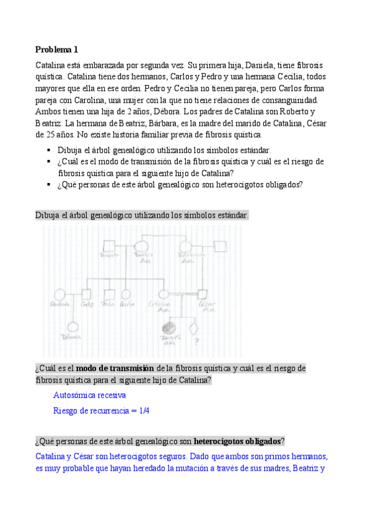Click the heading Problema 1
(x=56, y=50)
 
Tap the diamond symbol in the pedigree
(x=196, y=327)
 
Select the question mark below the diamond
(x=197, y=340)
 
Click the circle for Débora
(x=72, y=328)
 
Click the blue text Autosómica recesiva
(x=90, y=394)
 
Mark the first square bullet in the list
(x=49, y=150)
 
